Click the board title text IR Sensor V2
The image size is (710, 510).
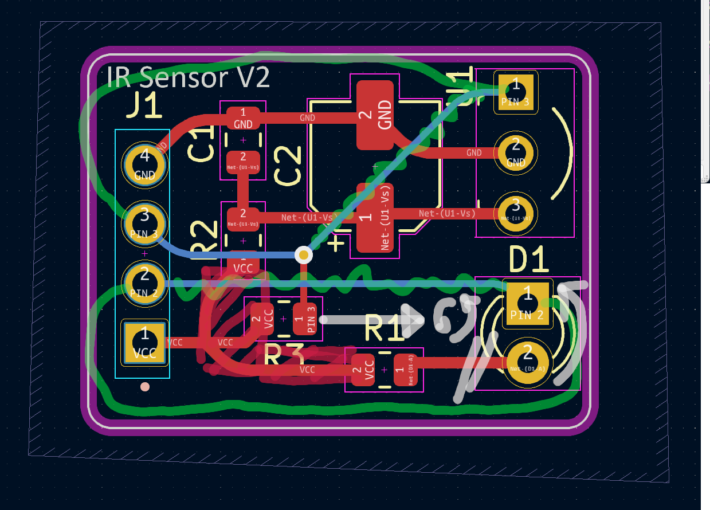click(188, 76)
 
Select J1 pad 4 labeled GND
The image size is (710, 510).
click(144, 164)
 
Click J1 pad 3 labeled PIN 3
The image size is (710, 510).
click(144, 223)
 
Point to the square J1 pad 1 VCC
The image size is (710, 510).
click(144, 342)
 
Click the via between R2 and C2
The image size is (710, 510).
click(303, 254)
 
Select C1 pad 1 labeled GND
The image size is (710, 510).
click(243, 118)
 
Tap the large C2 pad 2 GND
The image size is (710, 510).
click(375, 115)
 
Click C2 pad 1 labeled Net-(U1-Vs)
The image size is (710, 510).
click(375, 218)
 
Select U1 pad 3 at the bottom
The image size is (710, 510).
click(516, 214)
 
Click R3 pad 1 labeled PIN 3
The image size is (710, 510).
click(305, 318)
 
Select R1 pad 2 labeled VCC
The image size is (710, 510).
click(363, 370)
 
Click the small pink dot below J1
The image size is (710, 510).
click(145, 387)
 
